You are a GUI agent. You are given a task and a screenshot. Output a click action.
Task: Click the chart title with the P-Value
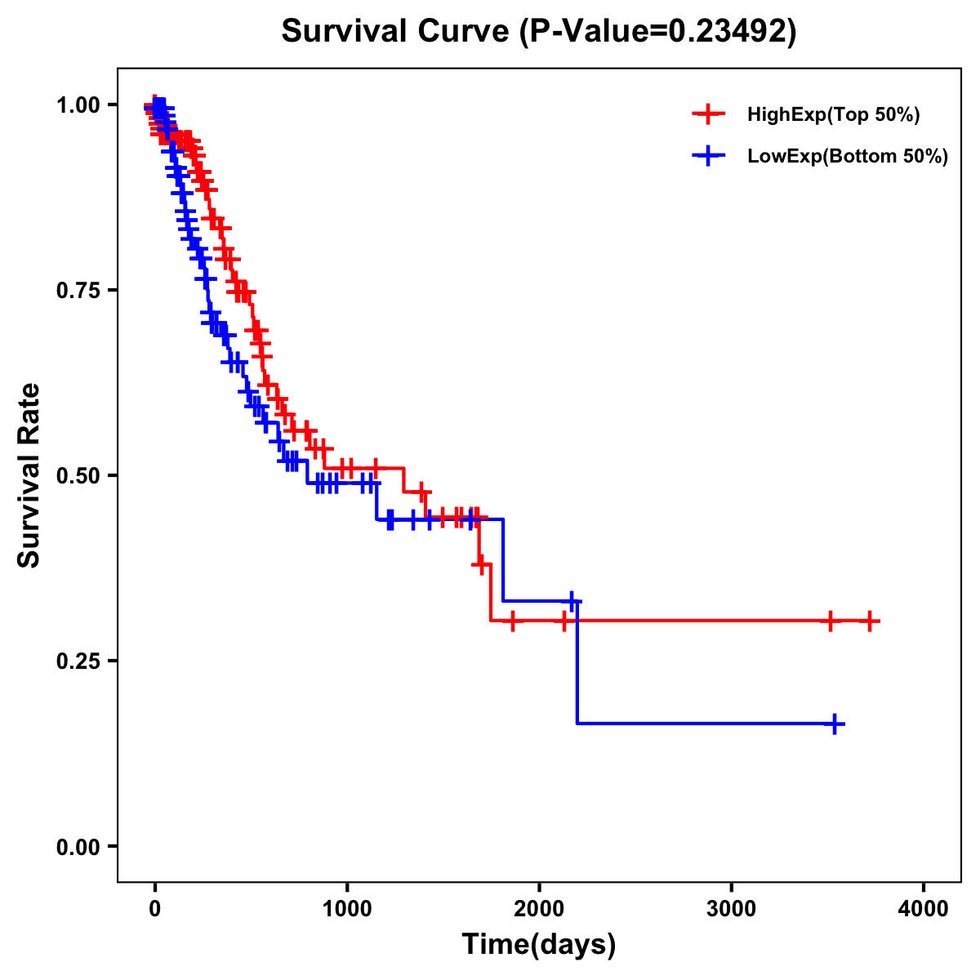tap(539, 32)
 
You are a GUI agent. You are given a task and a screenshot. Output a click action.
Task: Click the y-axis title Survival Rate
tap(29, 474)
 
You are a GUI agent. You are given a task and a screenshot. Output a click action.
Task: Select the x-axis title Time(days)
tap(539, 944)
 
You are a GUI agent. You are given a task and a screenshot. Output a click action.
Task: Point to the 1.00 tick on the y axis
tap(78, 105)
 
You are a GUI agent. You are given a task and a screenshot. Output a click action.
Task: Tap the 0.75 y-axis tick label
tap(78, 291)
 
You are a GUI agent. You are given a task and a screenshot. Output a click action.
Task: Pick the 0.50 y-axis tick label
tap(78, 475)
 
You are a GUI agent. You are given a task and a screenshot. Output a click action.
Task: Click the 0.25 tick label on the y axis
tap(78, 661)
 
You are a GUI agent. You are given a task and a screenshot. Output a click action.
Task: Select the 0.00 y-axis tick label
tap(78, 846)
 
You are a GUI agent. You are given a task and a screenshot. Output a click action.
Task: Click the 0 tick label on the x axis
tap(155, 909)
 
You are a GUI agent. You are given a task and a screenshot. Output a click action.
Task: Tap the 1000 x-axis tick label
tap(347, 909)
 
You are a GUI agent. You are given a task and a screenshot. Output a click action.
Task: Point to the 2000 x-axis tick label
tap(539, 909)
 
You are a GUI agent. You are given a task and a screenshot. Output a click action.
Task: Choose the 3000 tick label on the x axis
tap(731, 909)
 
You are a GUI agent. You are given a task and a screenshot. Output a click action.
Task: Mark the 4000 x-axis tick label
tap(924, 909)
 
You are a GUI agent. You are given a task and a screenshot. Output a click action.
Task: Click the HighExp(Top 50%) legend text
tap(833, 115)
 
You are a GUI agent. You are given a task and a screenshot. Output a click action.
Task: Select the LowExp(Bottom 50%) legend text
tap(847, 157)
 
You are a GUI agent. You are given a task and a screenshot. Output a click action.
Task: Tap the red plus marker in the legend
tap(709, 114)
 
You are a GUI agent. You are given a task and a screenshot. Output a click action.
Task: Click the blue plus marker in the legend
tap(709, 156)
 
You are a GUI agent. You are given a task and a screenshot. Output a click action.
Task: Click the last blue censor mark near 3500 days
tap(835, 724)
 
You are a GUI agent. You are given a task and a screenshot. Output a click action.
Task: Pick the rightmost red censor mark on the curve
tap(870, 621)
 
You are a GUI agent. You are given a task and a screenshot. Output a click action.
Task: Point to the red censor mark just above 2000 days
tap(563, 621)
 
